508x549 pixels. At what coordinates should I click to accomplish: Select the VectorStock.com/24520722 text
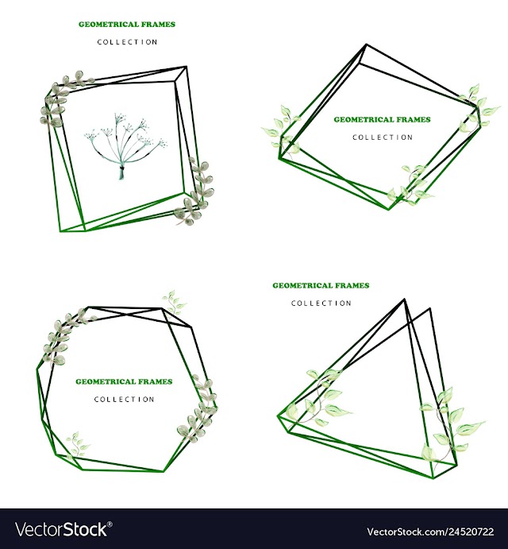point(430,532)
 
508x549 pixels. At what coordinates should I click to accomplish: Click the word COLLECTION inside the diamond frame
point(383,137)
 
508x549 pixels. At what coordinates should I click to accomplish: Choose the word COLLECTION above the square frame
point(127,42)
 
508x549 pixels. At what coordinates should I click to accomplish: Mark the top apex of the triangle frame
point(405,299)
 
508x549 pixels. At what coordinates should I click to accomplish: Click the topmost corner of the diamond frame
point(366,44)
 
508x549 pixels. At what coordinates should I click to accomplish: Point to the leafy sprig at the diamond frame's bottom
point(410,186)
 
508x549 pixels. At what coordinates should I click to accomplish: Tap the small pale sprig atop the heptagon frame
point(175,303)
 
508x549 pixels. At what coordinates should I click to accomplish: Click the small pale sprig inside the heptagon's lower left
point(78,444)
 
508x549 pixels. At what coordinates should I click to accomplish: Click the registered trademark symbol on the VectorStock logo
point(110,524)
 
